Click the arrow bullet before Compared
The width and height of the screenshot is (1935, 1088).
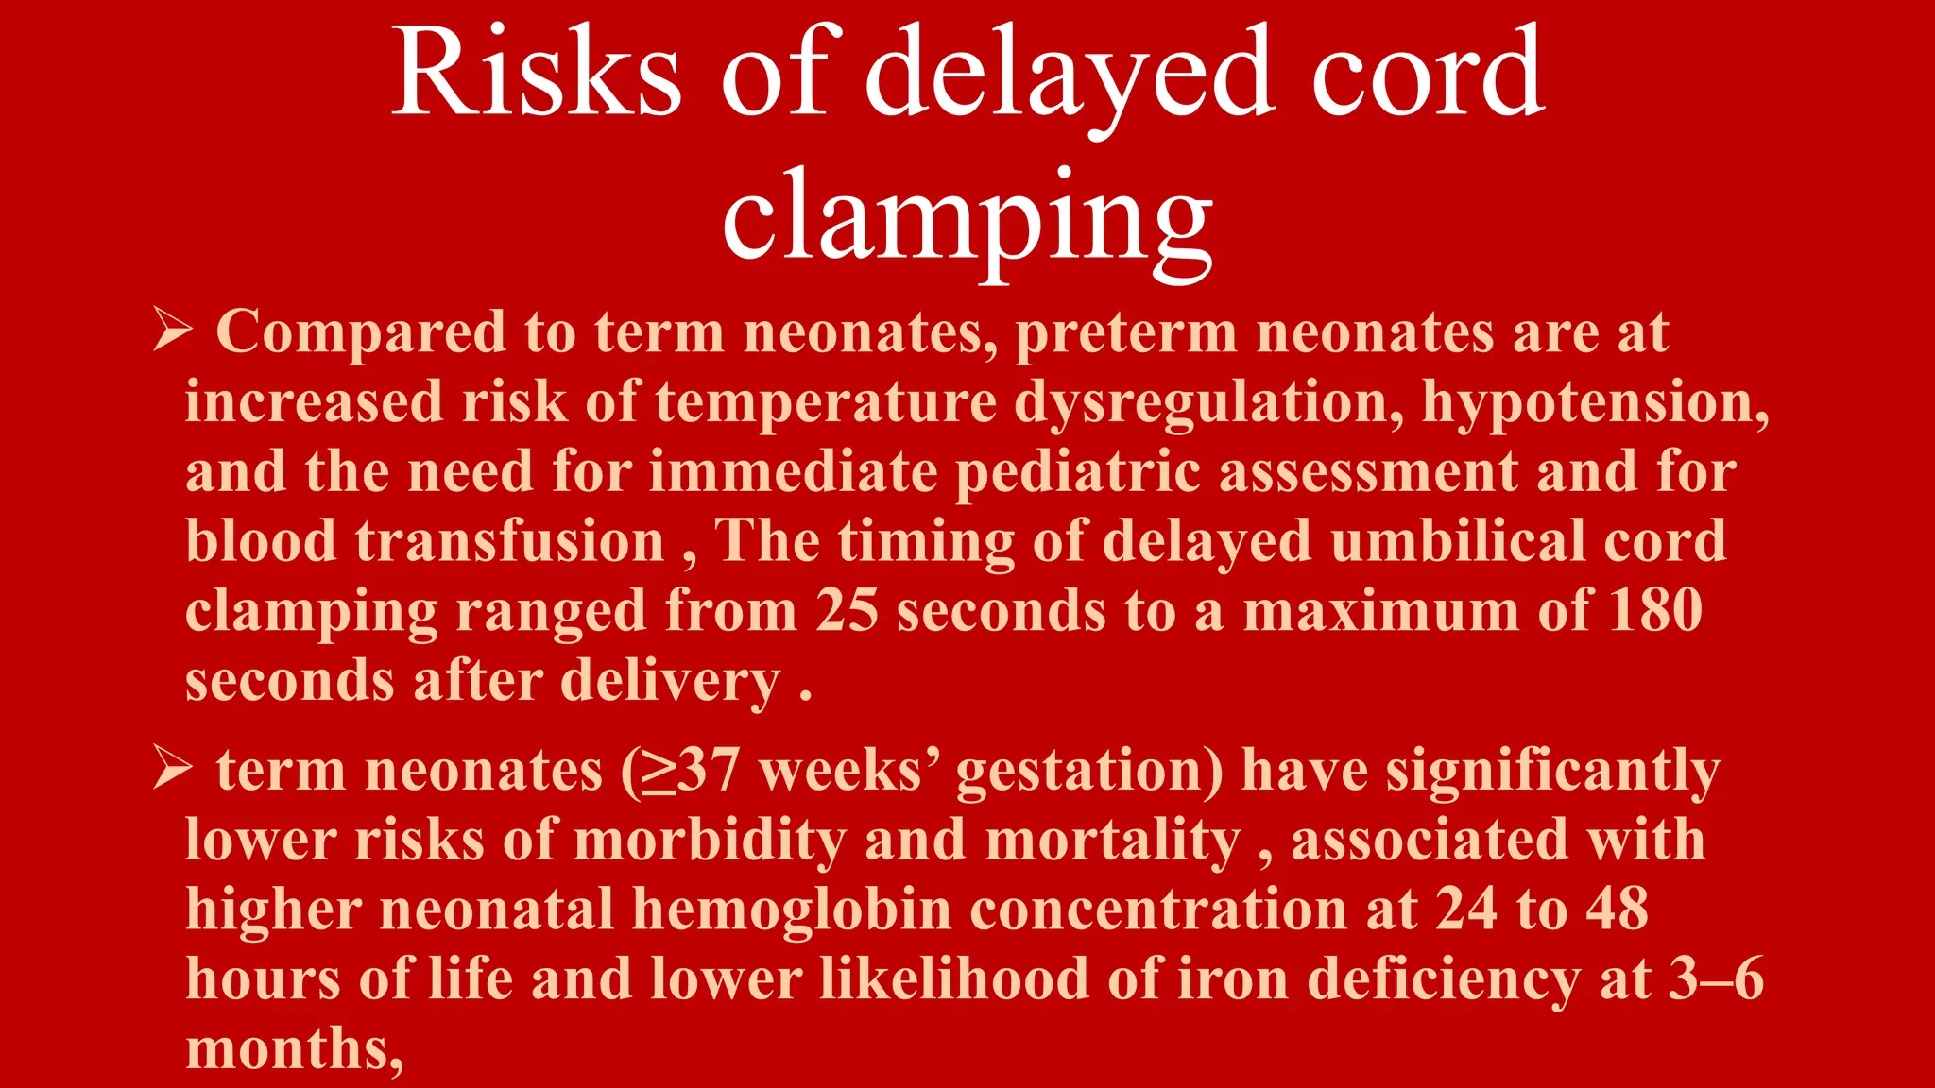[172, 331]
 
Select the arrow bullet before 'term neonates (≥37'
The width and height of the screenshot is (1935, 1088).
[172, 770]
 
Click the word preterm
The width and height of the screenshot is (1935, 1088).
[1125, 333]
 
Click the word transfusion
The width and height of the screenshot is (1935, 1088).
[510, 542]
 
